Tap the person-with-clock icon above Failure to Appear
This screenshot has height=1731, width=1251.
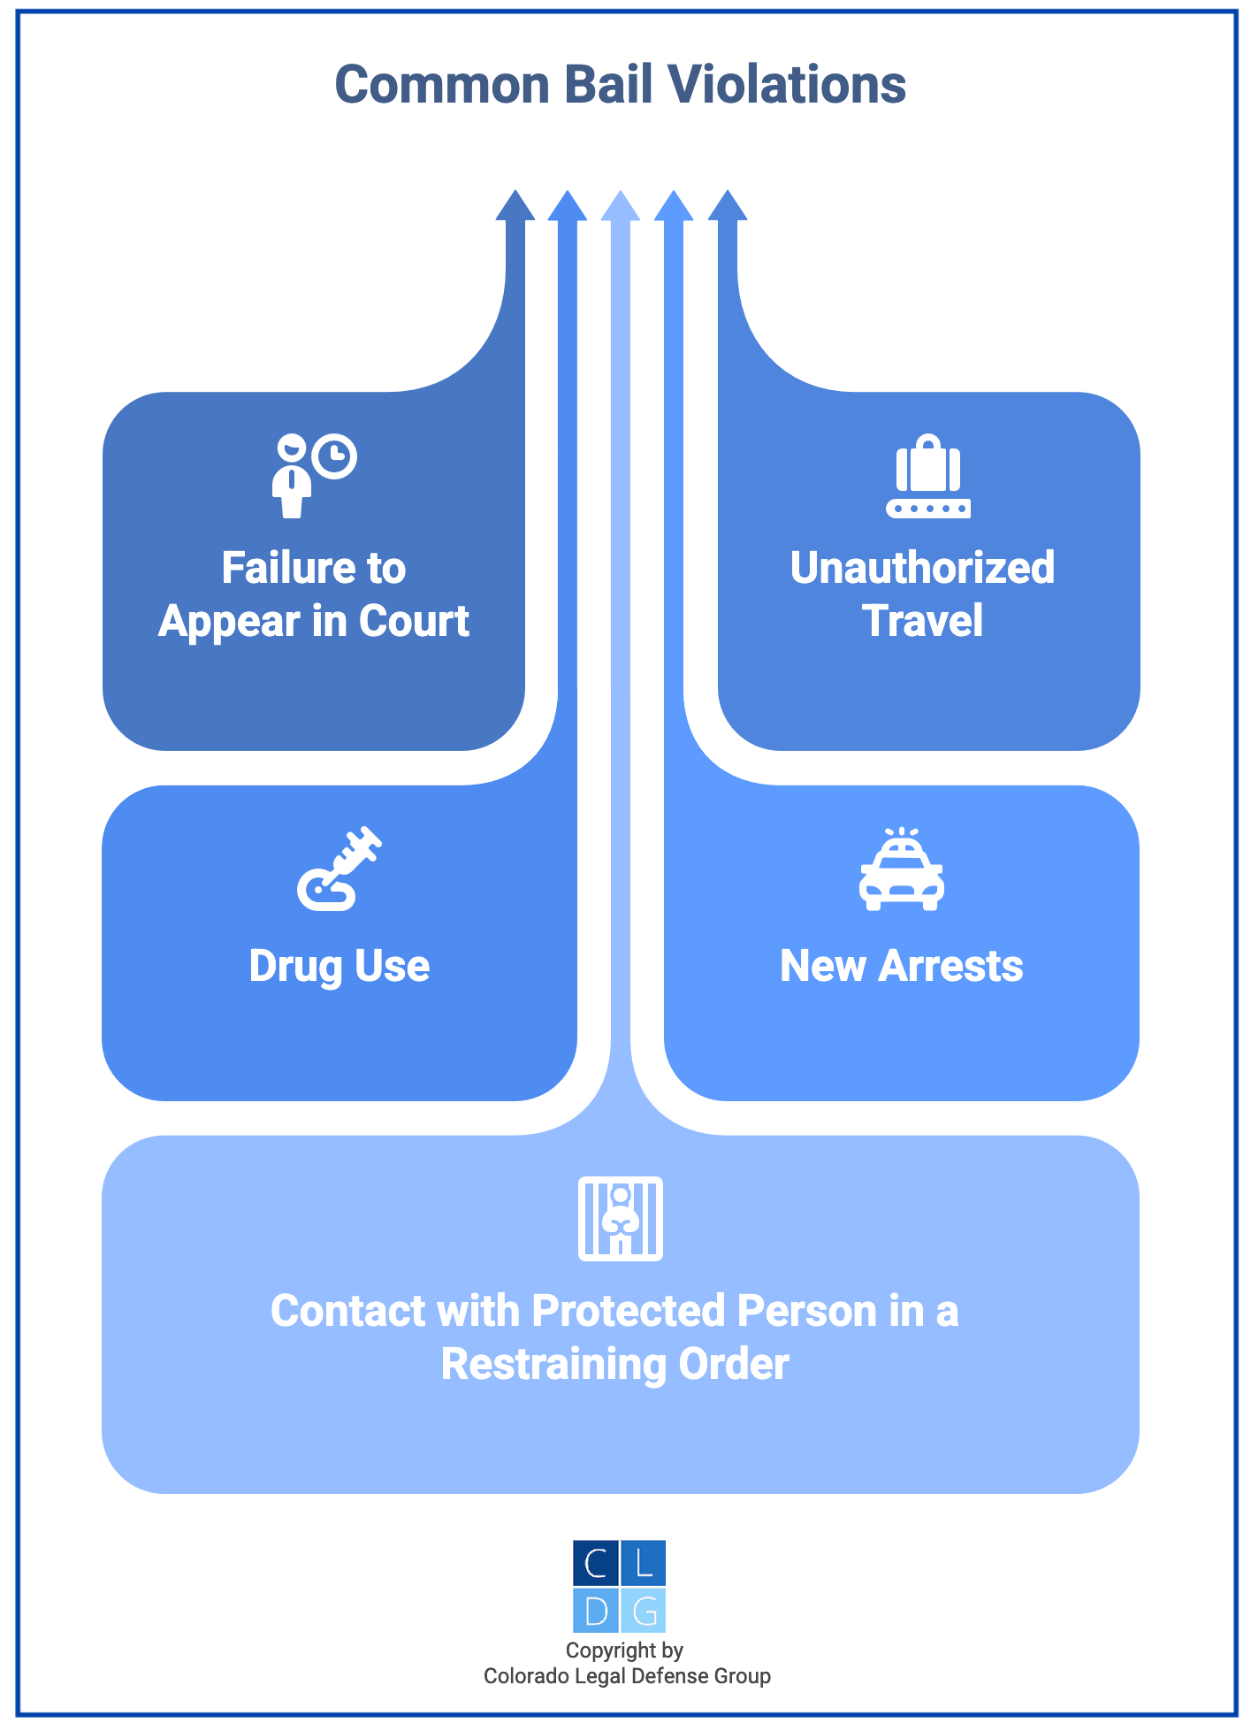point(313,475)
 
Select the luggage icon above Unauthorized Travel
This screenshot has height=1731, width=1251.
point(928,475)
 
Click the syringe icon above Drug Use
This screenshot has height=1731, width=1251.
point(339,869)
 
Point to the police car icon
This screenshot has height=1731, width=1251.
point(901,870)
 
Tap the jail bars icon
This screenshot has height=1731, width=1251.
point(620,1218)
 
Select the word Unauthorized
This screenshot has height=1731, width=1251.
point(922,568)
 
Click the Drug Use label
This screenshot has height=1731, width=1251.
point(339,966)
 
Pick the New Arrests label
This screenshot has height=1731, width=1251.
point(901,966)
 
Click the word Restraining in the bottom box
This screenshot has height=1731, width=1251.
point(553,1364)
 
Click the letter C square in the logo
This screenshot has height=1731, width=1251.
point(596,1563)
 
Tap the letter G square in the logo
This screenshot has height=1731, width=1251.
point(644,1611)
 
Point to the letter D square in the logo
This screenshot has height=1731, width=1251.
point(596,1611)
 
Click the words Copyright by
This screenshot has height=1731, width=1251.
point(624,1651)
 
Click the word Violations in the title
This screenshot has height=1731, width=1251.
point(786,85)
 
